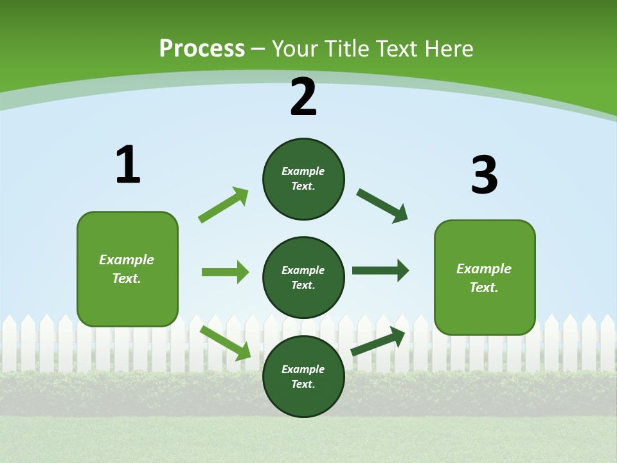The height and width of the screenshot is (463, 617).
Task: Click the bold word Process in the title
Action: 202,49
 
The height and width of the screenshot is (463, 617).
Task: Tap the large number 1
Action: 128,165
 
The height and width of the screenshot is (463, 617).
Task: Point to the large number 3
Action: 484,175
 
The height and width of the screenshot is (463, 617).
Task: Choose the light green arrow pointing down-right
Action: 226,343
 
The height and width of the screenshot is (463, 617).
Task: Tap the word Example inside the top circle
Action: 303,171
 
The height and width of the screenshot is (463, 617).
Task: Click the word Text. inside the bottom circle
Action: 303,384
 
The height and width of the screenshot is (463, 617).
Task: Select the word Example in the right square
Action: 484,269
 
